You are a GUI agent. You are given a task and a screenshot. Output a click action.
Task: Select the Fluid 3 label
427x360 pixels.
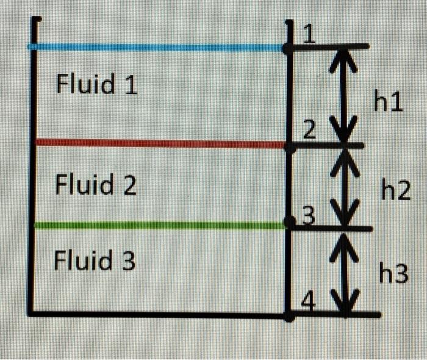point(95,261)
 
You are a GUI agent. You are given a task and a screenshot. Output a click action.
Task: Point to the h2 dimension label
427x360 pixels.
point(395,191)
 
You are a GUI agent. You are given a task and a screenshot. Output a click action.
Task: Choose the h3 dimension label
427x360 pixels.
point(393,274)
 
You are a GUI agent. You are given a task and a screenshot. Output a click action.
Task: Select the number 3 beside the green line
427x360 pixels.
point(309,215)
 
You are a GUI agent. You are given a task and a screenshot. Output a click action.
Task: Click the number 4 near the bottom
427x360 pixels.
point(309,303)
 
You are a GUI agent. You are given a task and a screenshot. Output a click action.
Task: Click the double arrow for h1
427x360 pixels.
point(346,95)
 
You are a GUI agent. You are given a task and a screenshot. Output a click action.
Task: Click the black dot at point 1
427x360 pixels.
point(287,47)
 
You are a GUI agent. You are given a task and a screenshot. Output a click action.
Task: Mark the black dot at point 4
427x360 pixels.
point(290,316)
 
